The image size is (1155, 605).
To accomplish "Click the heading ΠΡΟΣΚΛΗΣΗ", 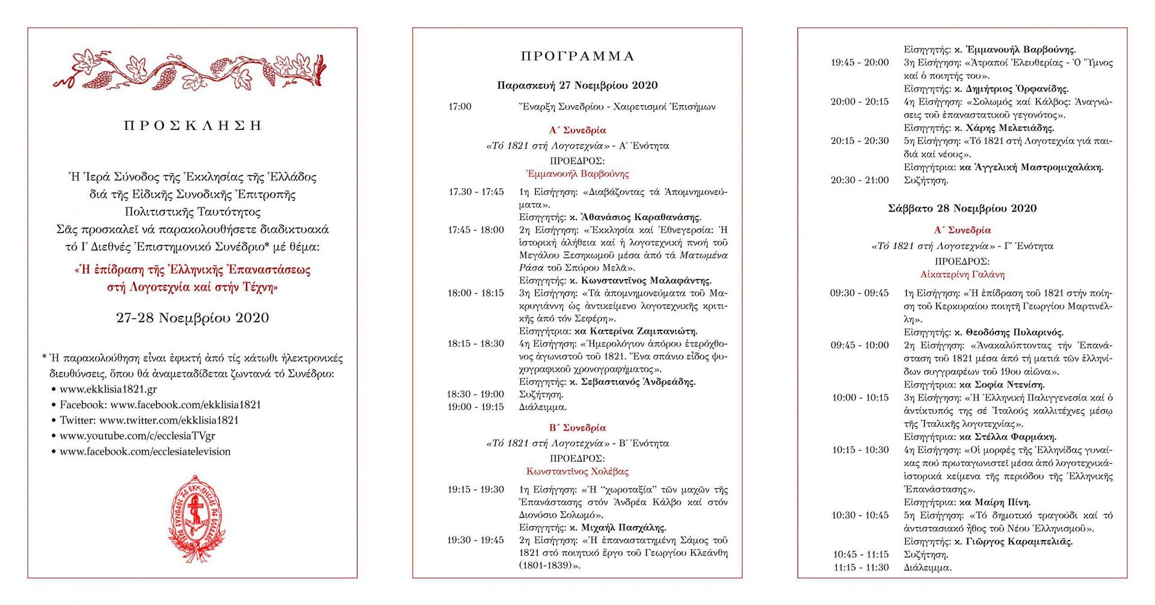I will coord(192,126).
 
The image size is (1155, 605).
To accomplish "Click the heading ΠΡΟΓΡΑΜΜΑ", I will coord(577,57).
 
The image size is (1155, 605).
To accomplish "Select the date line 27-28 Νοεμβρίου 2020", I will coord(192,318).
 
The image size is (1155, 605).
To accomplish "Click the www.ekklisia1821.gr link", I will coord(108,389).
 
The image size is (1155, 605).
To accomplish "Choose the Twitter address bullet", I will coord(149,420).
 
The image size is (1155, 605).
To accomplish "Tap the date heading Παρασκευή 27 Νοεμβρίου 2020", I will coord(577,85).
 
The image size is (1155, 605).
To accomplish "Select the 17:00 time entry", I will coord(460,107).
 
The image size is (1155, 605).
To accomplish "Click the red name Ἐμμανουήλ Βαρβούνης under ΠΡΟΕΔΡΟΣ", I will coord(577,174).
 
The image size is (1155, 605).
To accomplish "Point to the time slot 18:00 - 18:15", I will coord(475,293).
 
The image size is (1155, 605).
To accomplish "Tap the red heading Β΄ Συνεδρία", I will coord(577,428).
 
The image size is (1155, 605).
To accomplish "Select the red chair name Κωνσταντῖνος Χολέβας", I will coord(577,472).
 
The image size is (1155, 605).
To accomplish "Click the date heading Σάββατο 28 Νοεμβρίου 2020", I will coord(962,209).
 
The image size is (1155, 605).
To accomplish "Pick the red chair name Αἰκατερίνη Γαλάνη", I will coord(962,275).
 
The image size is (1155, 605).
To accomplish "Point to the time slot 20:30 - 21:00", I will coord(860,180).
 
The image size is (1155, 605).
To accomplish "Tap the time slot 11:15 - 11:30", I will coord(861,568).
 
